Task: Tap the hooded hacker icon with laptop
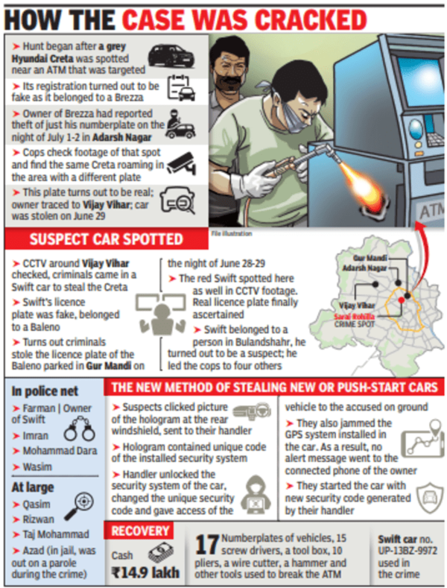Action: point(255,493)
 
